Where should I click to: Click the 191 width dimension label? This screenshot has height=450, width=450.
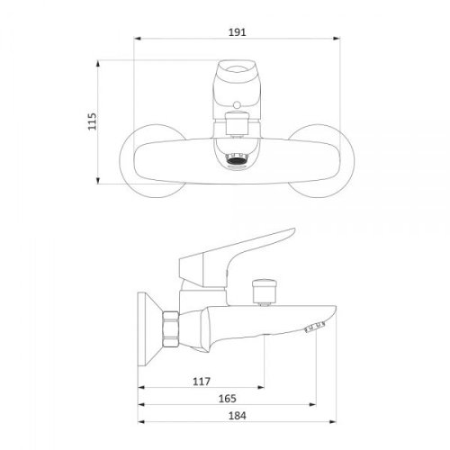tap(238, 32)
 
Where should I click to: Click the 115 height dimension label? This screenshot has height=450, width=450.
tap(92, 121)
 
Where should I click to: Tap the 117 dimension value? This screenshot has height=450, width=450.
tap(202, 382)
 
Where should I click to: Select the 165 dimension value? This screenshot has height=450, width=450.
tap(228, 399)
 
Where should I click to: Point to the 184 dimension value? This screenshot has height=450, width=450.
tap(238, 416)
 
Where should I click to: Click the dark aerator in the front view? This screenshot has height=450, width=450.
tap(237, 160)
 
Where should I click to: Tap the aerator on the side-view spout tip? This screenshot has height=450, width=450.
tap(314, 327)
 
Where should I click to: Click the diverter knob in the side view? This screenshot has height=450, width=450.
tap(264, 292)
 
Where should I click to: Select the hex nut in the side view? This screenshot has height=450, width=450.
tap(170, 329)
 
